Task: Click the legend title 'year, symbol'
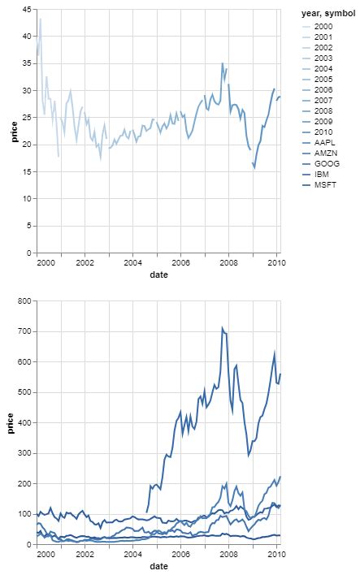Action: pos(327,14)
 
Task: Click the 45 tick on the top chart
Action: pos(28,9)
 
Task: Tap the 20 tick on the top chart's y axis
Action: pos(28,145)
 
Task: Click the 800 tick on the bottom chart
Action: pos(25,301)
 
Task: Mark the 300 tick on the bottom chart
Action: pos(25,453)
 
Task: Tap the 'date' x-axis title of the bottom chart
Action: pos(158,567)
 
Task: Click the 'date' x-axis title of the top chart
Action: pos(158,275)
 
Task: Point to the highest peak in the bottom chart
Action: pos(223,328)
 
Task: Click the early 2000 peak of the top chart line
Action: pos(41,19)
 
